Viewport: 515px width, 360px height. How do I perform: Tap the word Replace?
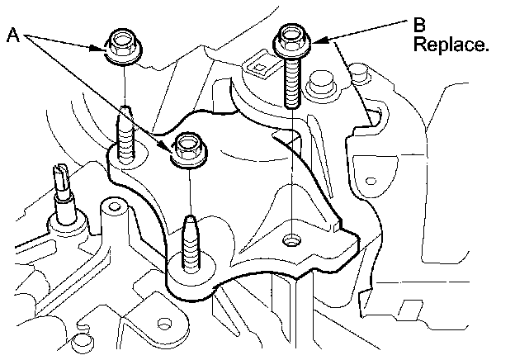[451, 45]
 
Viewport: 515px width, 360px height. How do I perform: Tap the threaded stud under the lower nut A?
[189, 244]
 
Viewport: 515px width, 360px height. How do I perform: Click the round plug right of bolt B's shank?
[319, 85]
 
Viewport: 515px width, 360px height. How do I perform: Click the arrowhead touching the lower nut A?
[170, 147]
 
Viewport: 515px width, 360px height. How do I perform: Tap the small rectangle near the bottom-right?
[409, 309]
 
